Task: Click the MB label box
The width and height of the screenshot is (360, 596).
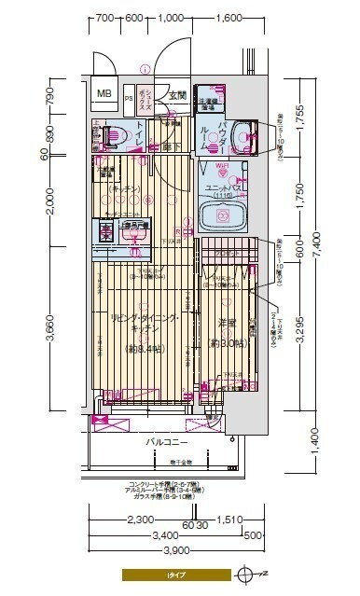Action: pos(104,92)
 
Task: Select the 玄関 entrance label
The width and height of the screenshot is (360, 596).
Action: pos(177,95)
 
